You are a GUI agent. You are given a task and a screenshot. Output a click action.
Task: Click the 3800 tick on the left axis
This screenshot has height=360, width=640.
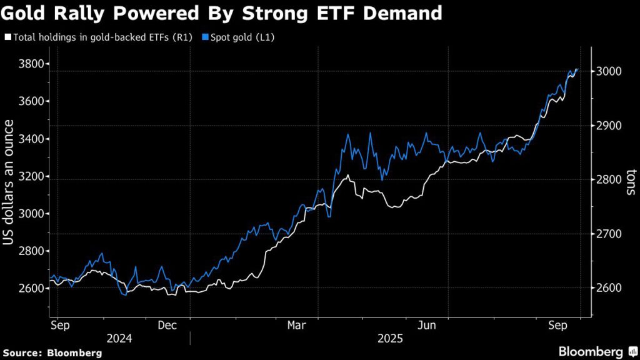pos(30,64)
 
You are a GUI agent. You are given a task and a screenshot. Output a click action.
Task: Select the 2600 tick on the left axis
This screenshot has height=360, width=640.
pos(30,289)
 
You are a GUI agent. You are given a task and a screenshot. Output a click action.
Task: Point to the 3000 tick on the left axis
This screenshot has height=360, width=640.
pos(30,214)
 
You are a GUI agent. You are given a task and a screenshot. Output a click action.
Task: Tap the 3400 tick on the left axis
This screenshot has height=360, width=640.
pos(30,139)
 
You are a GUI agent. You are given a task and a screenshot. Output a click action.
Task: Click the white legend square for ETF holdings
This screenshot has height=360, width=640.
pos(7,37)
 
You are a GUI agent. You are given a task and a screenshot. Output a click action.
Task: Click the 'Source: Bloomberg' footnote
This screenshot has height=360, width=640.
pos(52,352)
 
